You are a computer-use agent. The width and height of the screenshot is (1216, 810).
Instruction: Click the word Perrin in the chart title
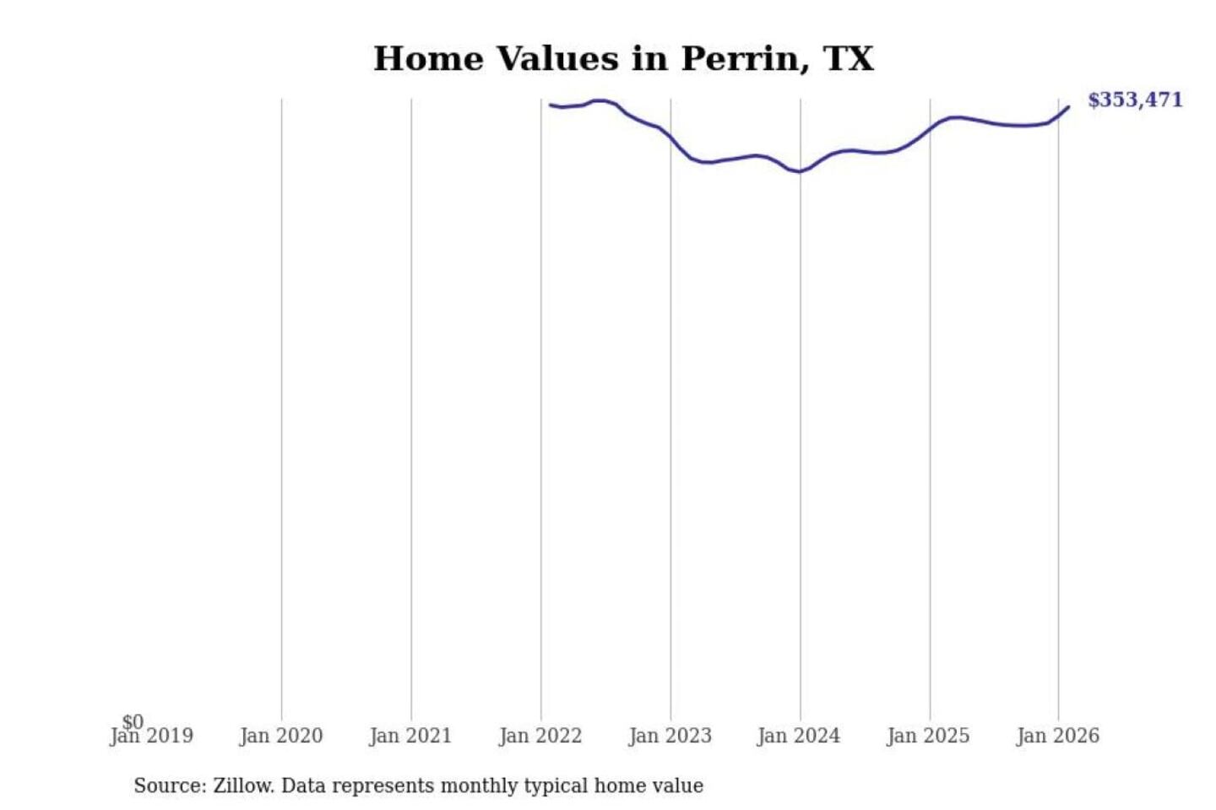click(741, 59)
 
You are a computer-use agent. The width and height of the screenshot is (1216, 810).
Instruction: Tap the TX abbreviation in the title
click(848, 59)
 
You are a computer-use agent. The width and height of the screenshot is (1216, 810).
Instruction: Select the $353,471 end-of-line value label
click(1135, 100)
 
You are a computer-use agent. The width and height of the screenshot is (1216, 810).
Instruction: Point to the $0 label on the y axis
click(133, 722)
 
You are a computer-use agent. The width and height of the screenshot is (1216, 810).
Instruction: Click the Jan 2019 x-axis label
click(152, 737)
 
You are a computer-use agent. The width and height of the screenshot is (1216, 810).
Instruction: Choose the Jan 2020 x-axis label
click(281, 737)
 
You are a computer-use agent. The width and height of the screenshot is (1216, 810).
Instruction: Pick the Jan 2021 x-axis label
click(410, 737)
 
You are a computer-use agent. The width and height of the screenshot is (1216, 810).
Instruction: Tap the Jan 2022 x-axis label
click(540, 737)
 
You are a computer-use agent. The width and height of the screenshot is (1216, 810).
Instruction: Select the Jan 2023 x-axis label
click(670, 737)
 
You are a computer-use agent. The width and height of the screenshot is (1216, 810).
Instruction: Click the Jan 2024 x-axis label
click(799, 737)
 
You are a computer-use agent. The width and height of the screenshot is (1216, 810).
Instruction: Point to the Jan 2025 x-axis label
click(928, 737)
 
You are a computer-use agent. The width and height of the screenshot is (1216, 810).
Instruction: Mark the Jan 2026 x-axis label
click(1058, 737)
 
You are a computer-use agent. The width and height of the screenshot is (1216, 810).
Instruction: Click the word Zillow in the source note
click(243, 786)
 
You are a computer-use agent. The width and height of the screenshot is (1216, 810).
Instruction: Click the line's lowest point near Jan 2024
click(798, 172)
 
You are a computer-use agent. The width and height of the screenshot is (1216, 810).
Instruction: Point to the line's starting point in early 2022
click(551, 105)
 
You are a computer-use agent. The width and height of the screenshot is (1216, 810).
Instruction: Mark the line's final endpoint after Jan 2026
click(1068, 107)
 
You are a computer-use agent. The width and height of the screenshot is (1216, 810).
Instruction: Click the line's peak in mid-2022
click(600, 100)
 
